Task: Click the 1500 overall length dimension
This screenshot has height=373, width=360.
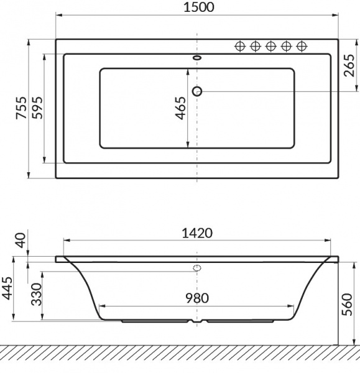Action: point(198,7)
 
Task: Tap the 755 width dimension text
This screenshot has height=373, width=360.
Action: point(21,109)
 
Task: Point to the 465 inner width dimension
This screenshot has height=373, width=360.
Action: point(180,109)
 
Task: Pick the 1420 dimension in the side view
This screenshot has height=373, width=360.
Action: point(198,233)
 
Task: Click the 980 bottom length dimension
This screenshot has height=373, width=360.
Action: point(198,298)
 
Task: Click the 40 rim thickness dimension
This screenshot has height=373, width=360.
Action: point(21,239)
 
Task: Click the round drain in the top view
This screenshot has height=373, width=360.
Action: point(198,91)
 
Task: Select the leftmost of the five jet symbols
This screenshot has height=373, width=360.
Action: point(239,46)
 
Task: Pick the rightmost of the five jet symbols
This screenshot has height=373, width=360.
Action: point(302,46)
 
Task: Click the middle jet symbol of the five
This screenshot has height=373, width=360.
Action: point(271,46)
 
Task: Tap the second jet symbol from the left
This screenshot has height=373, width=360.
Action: point(255,46)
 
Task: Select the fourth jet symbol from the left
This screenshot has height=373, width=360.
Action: point(287,46)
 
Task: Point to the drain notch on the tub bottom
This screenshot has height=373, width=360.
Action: point(198,323)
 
